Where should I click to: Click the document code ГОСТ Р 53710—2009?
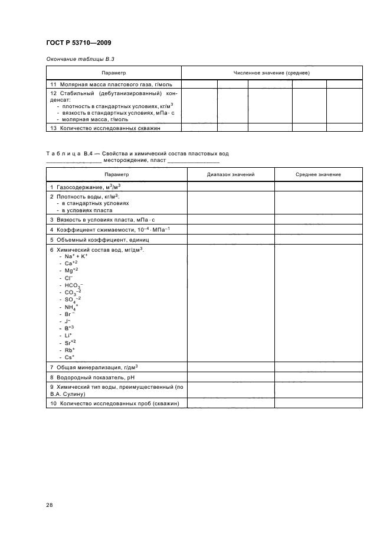pyautogui.click(x=78, y=43)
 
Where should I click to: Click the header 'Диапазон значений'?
pyautogui.click(x=231, y=174)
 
